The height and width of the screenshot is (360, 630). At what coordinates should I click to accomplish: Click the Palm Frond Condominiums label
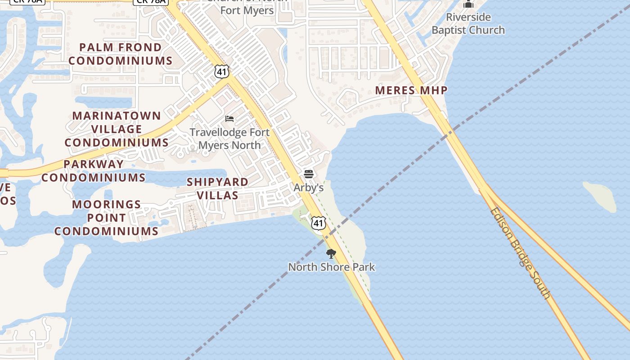coord(121,54)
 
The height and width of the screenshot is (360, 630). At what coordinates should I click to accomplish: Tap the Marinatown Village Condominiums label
coord(117,129)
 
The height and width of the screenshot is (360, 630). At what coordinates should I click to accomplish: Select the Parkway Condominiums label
coord(94,171)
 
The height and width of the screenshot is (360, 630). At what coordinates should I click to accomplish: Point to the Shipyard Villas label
coord(217,189)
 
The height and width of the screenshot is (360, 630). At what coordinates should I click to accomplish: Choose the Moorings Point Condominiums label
coord(106,218)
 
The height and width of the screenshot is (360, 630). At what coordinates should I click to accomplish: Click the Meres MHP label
coord(411,90)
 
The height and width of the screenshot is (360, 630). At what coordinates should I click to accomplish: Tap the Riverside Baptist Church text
coord(468,24)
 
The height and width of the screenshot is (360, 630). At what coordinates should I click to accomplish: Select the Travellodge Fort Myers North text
coord(229,139)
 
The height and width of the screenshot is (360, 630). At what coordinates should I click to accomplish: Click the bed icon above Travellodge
coord(229,119)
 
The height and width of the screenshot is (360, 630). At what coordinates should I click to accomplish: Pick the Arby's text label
coord(309,188)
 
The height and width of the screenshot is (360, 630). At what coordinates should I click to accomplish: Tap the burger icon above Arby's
coord(309,174)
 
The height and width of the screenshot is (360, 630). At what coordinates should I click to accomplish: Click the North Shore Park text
coord(331,267)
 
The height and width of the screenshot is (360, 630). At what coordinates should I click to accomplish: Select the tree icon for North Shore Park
coord(331,254)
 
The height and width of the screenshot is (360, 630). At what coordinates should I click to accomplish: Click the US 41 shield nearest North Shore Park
coord(319,223)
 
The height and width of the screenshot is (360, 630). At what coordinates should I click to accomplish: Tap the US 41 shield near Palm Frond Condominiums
coord(222,71)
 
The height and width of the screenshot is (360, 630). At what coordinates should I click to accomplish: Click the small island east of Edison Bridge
coord(600,196)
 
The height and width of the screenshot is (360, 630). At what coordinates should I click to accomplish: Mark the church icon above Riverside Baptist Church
coord(468,4)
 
